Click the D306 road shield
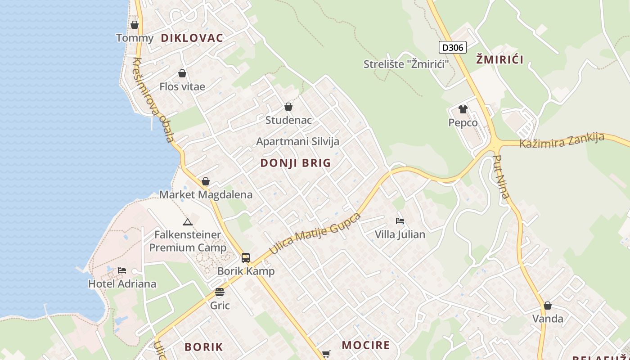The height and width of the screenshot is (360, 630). click(452, 47)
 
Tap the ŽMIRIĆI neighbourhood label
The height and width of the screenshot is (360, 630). click(499, 59)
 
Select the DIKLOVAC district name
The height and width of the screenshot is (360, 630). click(192, 38)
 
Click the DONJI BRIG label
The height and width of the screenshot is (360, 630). click(296, 163)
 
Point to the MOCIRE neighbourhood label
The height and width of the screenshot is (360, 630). click(366, 345)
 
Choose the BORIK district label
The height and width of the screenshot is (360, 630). click(204, 347)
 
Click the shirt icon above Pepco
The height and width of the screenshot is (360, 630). click(463, 109)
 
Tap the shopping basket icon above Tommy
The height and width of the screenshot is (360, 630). click(135, 25)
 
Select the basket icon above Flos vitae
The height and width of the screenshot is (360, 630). click(182, 73)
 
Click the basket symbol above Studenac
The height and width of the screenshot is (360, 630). click(288, 107)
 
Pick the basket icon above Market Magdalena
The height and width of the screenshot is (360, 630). click(206, 181)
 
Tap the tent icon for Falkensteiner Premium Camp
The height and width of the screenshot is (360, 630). click(188, 221)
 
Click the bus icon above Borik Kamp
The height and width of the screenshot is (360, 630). click(246, 258)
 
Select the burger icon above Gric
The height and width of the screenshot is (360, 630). click(220, 292)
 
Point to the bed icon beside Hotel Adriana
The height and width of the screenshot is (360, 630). click(122, 270)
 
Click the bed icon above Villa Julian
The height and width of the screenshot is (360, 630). click(400, 221)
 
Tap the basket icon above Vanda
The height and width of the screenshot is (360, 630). click(548, 306)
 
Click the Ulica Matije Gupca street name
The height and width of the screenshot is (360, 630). click(315, 233)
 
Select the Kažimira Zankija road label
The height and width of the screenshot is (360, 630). click(562, 140)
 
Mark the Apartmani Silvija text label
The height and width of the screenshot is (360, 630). click(298, 141)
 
